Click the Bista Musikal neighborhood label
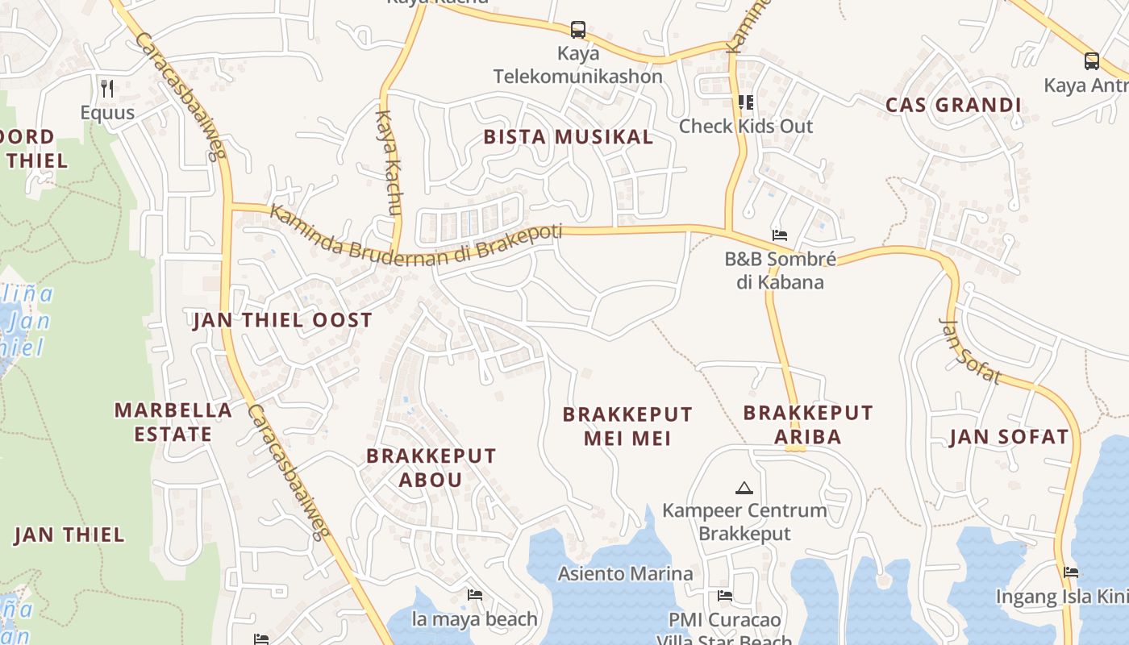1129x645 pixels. pyautogui.click(x=568, y=137)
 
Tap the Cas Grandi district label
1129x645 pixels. pyautogui.click(x=953, y=105)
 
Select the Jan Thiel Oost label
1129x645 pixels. pyautogui.click(x=282, y=320)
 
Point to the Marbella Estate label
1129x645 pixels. pyautogui.click(x=173, y=422)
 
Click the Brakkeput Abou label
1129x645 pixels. pyautogui.click(x=431, y=468)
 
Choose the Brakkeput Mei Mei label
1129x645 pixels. pyautogui.click(x=627, y=427)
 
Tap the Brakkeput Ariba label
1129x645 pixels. pyautogui.click(x=807, y=425)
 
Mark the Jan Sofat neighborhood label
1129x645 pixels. pyautogui.click(x=1008, y=437)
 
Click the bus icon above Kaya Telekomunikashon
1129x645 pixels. pyautogui.click(x=578, y=30)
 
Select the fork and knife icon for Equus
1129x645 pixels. pyautogui.click(x=107, y=87)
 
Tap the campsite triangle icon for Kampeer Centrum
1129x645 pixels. pyautogui.click(x=744, y=488)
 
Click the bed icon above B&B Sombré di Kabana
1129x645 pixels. pyautogui.click(x=780, y=235)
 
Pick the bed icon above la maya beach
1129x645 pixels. pyautogui.click(x=475, y=595)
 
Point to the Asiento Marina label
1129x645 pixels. pyautogui.click(x=625, y=573)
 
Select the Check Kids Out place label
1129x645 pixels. pyautogui.click(x=745, y=126)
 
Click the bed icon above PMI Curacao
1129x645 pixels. pyautogui.click(x=725, y=596)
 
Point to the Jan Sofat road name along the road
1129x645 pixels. pyautogui.click(x=970, y=351)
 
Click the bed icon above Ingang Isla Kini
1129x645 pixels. pyautogui.click(x=1071, y=572)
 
